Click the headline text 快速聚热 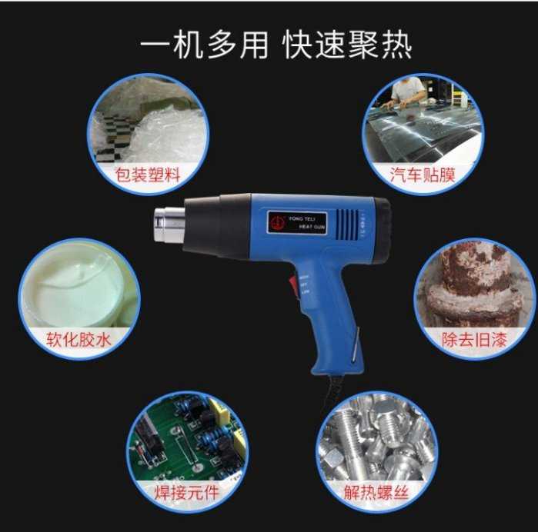pyautogui.click(x=347, y=45)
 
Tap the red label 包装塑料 pyautogui.click(x=147, y=175)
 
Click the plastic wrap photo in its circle pyautogui.click(x=146, y=123)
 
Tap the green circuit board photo pyautogui.click(x=189, y=438)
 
